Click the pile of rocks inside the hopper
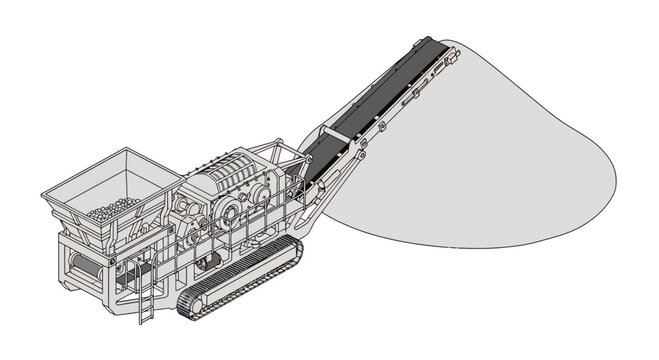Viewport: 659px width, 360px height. tap(112, 209)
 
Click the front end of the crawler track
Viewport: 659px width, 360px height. tap(189, 304)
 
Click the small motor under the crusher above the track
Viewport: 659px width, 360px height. tap(211, 261)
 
